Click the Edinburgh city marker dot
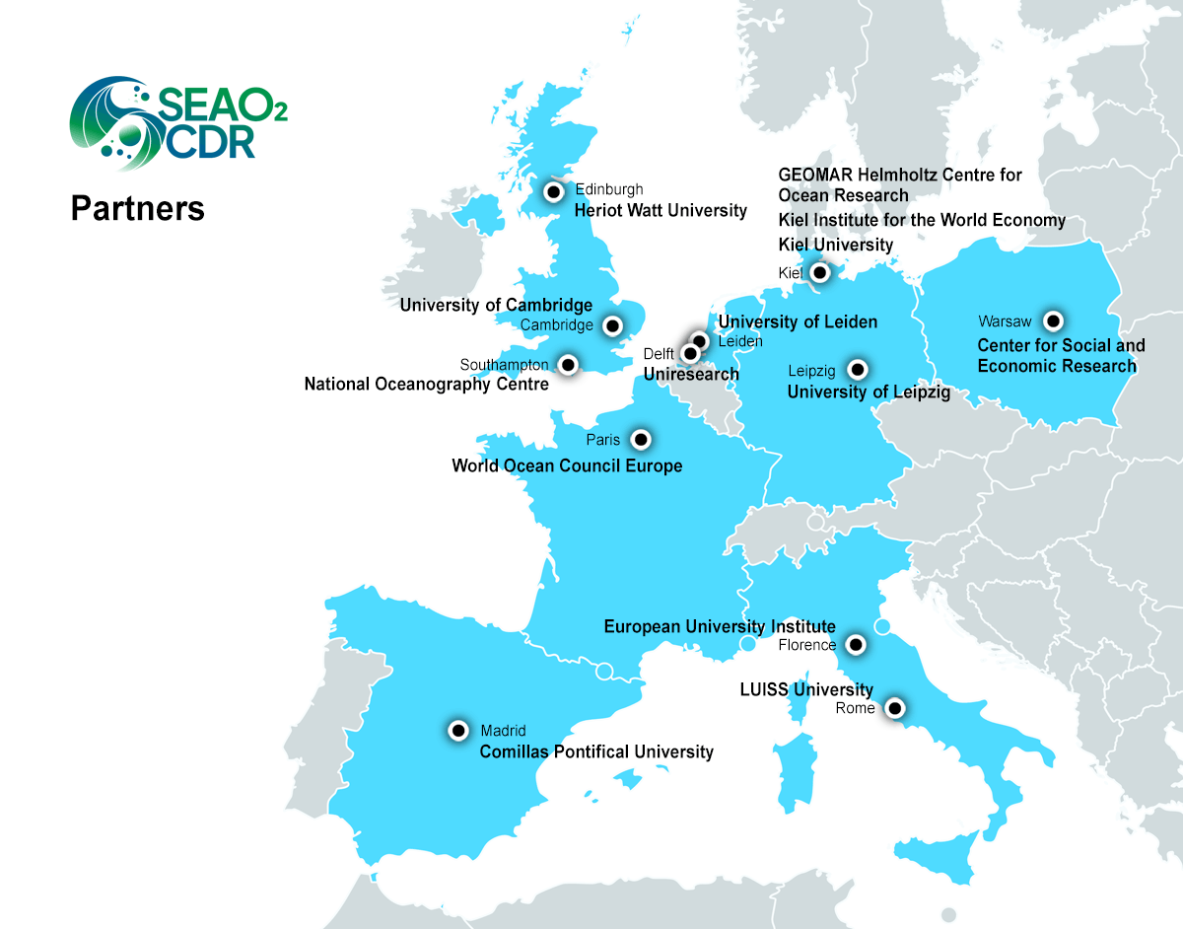pyautogui.click(x=554, y=191)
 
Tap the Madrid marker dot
pyautogui.click(x=458, y=731)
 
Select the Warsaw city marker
pyautogui.click(x=1054, y=321)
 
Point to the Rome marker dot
pyautogui.click(x=894, y=707)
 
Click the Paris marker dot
pyautogui.click(x=641, y=439)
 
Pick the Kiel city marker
pyautogui.click(x=819, y=271)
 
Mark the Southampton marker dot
pyautogui.click(x=568, y=365)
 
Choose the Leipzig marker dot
pyautogui.click(x=858, y=371)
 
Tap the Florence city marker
pyautogui.click(x=856, y=645)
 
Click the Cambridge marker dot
pyautogui.click(x=613, y=324)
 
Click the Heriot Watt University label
pyautogui.click(x=661, y=210)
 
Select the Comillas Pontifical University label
pyautogui.click(x=595, y=752)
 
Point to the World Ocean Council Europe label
pyautogui.click(x=567, y=465)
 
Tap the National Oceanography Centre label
pyautogui.click(x=426, y=385)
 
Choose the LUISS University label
pyautogui.click(x=806, y=689)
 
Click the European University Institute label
pyautogui.click(x=720, y=626)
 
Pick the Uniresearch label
pyautogui.click(x=690, y=374)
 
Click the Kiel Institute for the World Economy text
pyautogui.click(x=922, y=220)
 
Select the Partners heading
pyautogui.click(x=137, y=209)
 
